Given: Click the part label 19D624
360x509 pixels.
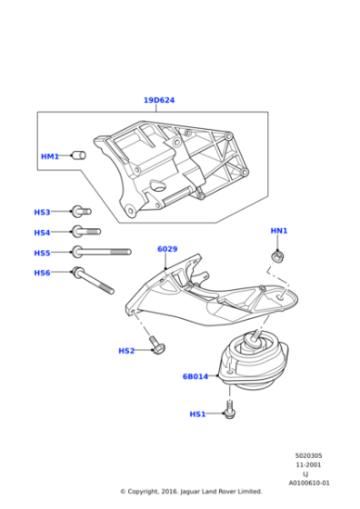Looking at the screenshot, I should pyautogui.click(x=158, y=100).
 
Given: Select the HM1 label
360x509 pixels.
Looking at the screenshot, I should pyautogui.click(x=49, y=156).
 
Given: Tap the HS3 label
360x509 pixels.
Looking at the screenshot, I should pyautogui.click(x=42, y=212).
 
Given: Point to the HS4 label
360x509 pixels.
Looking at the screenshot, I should pyautogui.click(x=42, y=233).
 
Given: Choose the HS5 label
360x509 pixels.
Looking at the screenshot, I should pyautogui.click(x=42, y=253).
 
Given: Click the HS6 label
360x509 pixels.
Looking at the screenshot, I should pyautogui.click(x=42, y=273).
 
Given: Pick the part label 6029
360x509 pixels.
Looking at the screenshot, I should pyautogui.click(x=167, y=248).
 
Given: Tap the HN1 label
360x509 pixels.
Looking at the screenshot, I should pyautogui.click(x=279, y=231).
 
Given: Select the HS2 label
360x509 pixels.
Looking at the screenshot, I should pyautogui.click(x=126, y=351).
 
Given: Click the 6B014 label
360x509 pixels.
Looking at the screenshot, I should pyautogui.click(x=195, y=375).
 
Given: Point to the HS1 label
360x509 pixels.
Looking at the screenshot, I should pyautogui.click(x=197, y=414).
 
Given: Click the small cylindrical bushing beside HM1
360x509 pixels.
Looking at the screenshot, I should pyautogui.click(x=78, y=155).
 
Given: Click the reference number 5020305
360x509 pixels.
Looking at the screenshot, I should pyautogui.click(x=309, y=456).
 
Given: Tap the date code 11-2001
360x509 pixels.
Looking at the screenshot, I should pyautogui.click(x=309, y=465).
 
